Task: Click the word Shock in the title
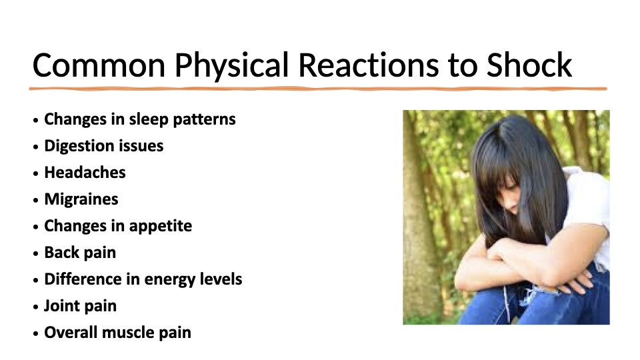point(529,65)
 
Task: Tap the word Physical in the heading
point(231,67)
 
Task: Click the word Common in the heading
point(99,65)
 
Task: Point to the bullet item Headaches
point(85,172)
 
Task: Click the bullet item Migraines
point(81,199)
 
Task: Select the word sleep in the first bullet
point(149,119)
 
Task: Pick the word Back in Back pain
point(61,252)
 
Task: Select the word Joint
point(61,306)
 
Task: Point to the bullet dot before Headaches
point(36,173)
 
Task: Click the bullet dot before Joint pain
point(36,307)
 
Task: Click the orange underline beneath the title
point(318,89)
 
